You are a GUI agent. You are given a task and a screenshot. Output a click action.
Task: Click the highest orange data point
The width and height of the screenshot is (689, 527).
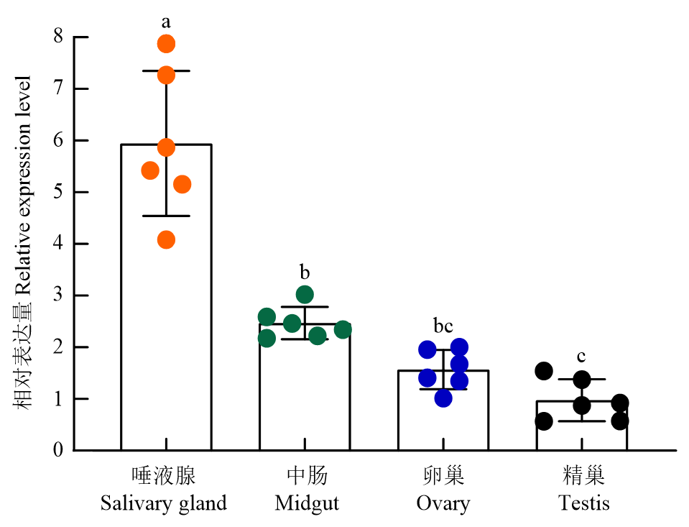[166, 44]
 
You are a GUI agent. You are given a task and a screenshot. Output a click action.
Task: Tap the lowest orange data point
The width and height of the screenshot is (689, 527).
[166, 239]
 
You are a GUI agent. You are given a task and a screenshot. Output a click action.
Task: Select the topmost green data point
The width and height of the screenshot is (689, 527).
[305, 294]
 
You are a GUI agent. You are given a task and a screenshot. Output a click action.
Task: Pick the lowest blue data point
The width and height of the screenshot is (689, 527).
[443, 398]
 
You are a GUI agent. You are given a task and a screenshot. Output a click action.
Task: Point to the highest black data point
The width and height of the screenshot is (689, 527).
[544, 371]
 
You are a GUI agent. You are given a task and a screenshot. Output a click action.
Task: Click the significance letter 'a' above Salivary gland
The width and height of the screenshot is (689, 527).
[166, 22]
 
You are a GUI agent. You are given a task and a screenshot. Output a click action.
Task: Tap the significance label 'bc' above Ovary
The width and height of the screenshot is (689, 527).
[443, 326]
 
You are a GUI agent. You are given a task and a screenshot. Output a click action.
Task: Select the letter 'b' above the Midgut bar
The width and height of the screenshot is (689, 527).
[305, 272]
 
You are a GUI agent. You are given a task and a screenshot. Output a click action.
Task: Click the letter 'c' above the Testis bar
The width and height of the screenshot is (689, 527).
[581, 356]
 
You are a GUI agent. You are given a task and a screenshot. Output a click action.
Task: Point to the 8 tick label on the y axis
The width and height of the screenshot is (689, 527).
[58, 36]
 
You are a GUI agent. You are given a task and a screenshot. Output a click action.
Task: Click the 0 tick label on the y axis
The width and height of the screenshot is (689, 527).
[58, 450]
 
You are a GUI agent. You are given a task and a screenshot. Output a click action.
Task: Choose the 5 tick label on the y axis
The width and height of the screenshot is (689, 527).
[58, 191]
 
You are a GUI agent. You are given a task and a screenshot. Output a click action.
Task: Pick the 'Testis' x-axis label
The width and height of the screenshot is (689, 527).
[584, 503]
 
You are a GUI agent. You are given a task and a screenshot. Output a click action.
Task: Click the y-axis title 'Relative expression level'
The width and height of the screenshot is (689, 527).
[23, 185]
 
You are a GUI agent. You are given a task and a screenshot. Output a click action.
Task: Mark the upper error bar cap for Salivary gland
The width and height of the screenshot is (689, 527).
[166, 70]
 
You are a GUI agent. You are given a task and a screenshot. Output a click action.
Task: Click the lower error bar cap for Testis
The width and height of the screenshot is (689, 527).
[582, 421]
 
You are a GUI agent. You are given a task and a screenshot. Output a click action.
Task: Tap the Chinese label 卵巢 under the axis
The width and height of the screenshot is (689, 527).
[443, 476]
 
